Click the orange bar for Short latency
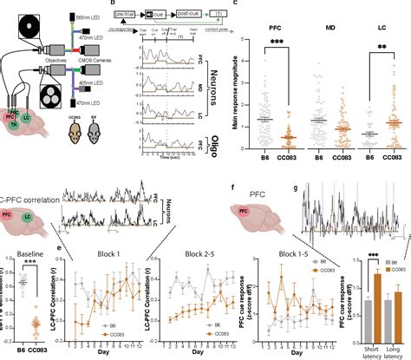click(x=376, y=322)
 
